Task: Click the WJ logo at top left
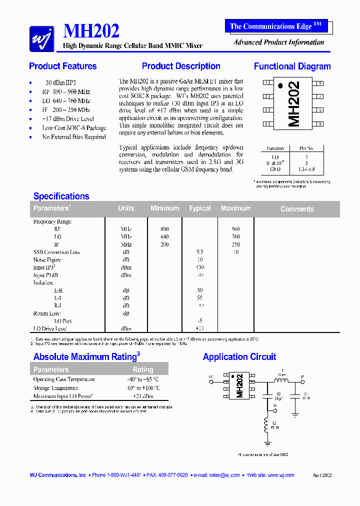(x=41, y=38)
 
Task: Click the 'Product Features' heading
(x=62, y=66)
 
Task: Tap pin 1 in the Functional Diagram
(x=266, y=83)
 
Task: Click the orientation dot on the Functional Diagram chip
(x=280, y=85)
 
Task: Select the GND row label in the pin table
(x=275, y=169)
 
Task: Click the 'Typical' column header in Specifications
(x=199, y=208)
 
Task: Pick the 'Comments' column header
(x=297, y=209)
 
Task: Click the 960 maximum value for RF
(x=235, y=229)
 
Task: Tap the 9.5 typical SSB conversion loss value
(x=199, y=252)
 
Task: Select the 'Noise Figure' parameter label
(x=47, y=260)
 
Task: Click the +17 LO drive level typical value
(x=200, y=328)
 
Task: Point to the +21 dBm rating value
(x=143, y=396)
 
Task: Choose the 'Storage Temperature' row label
(x=55, y=388)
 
